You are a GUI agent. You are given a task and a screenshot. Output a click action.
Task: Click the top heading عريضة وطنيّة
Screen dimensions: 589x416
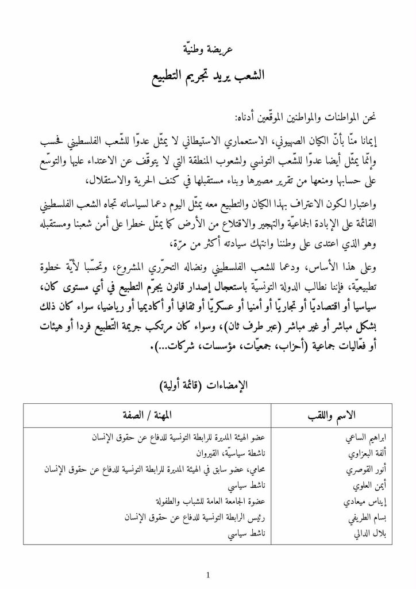click(209, 49)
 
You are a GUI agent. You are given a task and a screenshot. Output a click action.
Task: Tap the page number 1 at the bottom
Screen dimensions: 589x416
click(208, 575)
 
